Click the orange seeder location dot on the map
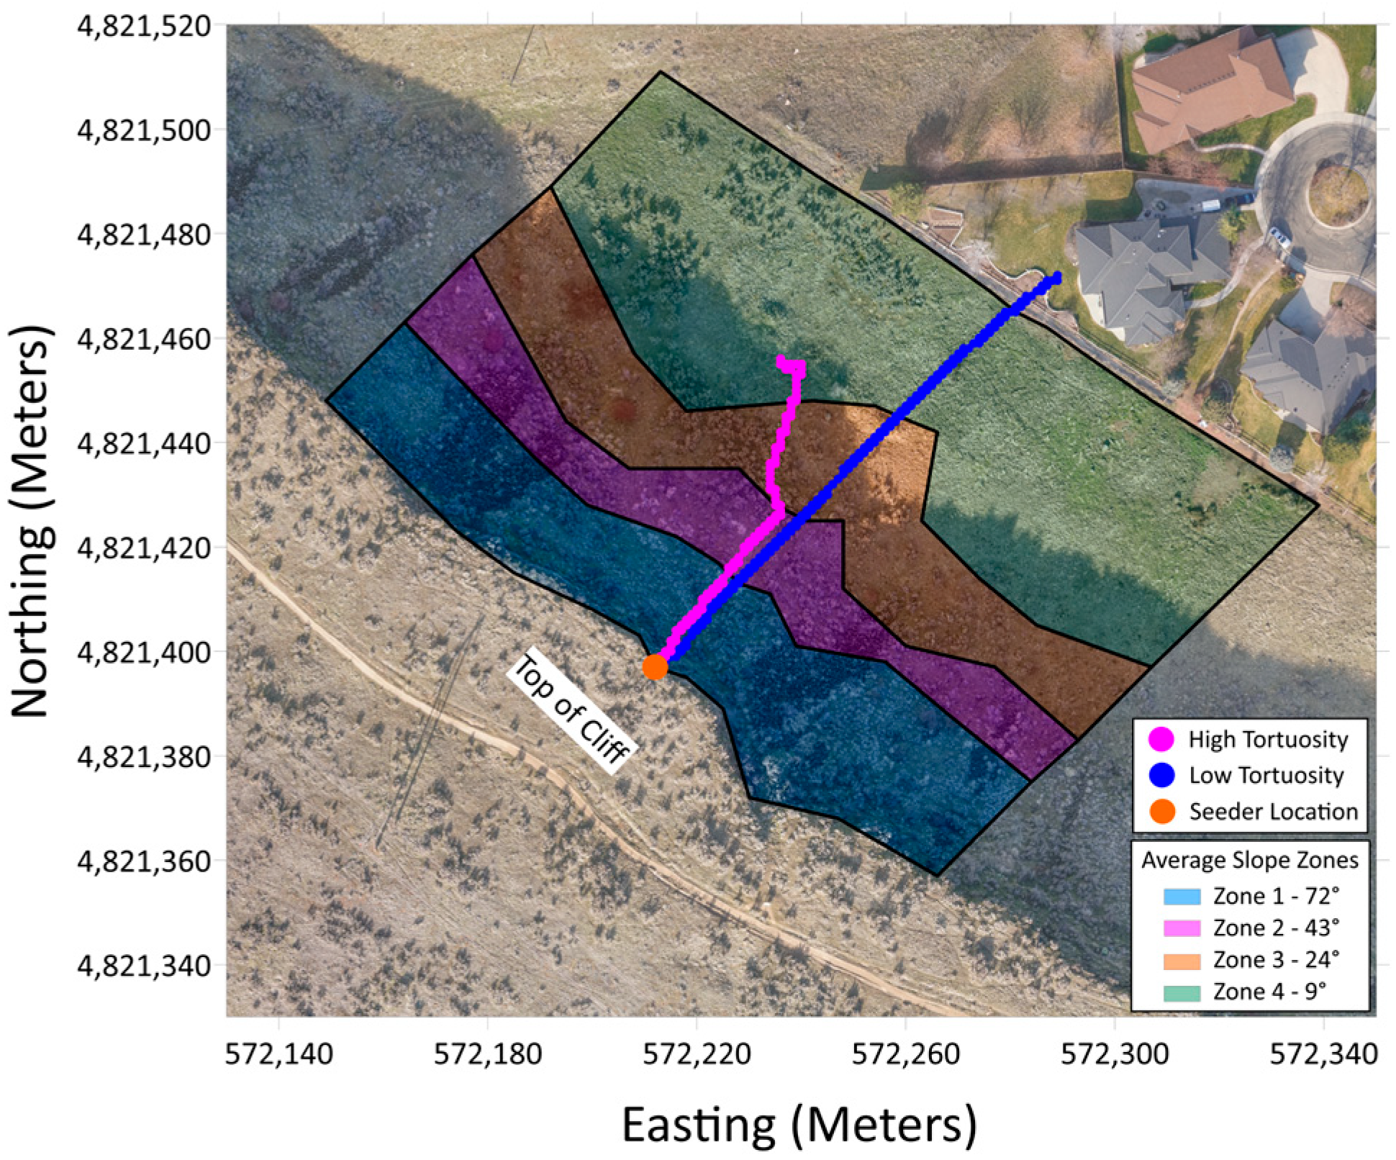click(x=655, y=666)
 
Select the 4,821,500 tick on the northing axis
click(x=144, y=131)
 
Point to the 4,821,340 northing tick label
click(x=144, y=966)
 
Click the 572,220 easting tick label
click(x=697, y=1055)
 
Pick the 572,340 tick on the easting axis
click(x=1323, y=1055)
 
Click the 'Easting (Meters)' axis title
click(x=799, y=1125)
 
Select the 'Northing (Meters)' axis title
click(x=31, y=521)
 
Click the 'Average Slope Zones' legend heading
click(x=1250, y=861)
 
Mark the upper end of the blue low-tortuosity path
click(x=1056, y=278)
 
